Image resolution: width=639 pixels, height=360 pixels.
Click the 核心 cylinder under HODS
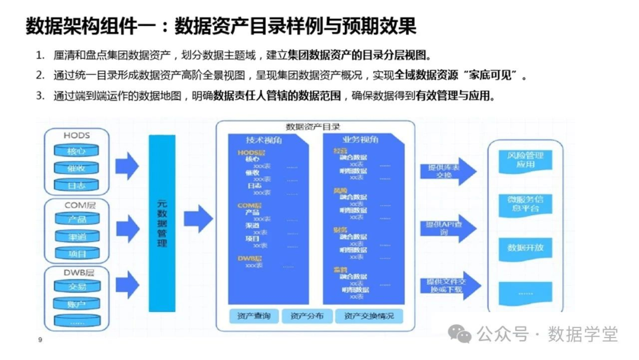tap(76, 152)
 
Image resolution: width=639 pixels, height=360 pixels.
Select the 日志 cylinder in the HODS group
tap(76, 185)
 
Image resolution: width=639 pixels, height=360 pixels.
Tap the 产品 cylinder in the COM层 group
tap(77, 220)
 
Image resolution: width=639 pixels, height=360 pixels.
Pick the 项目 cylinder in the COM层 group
tap(77, 253)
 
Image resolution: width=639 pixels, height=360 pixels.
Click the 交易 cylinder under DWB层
tap(77, 287)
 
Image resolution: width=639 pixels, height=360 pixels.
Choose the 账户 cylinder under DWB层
tap(77, 304)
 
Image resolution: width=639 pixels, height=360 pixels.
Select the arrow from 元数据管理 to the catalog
tap(198, 218)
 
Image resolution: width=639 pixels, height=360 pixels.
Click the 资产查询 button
tap(253, 316)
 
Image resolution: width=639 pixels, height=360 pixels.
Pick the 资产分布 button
tap(306, 316)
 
